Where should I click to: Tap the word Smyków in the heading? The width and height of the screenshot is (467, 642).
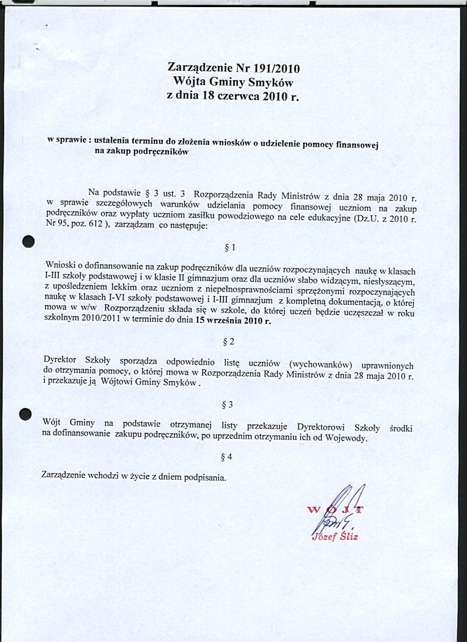[x=270, y=83]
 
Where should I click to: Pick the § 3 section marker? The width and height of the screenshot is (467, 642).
[x=226, y=405]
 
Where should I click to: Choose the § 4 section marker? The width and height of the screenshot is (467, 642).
[x=226, y=457]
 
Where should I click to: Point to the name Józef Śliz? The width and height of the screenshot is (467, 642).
[x=335, y=537]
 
